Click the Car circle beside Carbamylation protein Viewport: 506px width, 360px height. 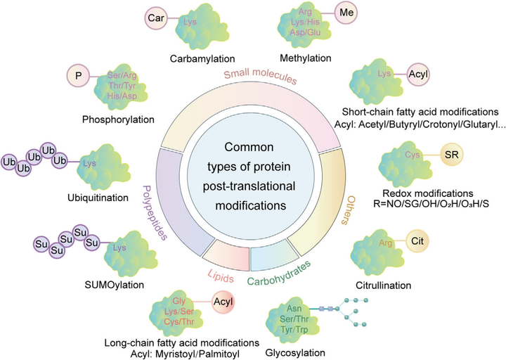[x=156, y=18]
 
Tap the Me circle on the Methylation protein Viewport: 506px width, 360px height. [x=346, y=13]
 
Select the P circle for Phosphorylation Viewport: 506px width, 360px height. [x=79, y=76]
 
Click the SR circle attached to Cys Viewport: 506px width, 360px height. [x=451, y=155]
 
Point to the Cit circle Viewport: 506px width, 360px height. [x=417, y=241]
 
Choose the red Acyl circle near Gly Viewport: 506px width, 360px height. [x=223, y=302]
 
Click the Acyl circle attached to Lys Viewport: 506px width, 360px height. [x=418, y=75]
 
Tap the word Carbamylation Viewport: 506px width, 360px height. [x=202, y=59]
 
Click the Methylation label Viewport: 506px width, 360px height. [x=305, y=58]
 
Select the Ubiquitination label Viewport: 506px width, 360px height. [x=98, y=198]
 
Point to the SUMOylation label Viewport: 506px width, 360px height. [x=115, y=285]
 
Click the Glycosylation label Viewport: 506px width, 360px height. [x=295, y=352]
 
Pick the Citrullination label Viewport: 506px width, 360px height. [x=384, y=285]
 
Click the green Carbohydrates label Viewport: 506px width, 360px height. [x=279, y=273]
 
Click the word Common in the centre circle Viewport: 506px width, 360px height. [x=249, y=147]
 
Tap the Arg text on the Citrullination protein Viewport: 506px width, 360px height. [x=386, y=242]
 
